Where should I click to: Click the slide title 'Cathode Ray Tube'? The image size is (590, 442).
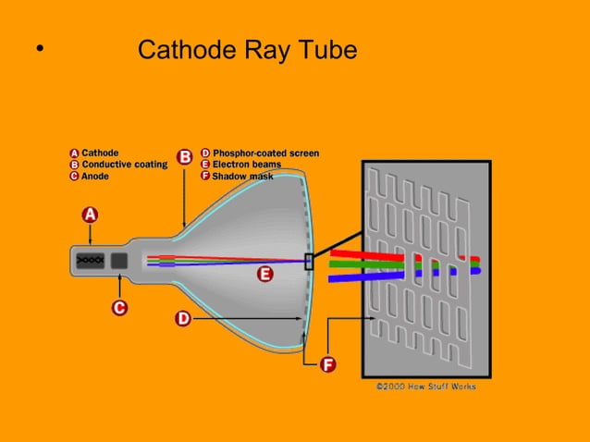click(x=246, y=50)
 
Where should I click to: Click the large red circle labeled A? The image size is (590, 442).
click(x=90, y=215)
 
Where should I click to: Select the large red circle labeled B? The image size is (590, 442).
click(x=184, y=157)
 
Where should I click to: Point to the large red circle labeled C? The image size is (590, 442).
click(x=119, y=306)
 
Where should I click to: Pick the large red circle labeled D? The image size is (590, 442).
click(x=183, y=319)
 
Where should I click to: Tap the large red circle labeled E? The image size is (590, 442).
click(x=264, y=275)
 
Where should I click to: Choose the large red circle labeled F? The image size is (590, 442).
click(x=326, y=364)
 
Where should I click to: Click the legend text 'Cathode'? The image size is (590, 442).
click(x=100, y=153)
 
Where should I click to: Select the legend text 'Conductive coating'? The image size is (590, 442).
click(x=124, y=164)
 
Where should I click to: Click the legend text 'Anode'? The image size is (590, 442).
click(x=95, y=175)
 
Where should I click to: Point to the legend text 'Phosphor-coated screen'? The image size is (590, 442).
click(x=265, y=153)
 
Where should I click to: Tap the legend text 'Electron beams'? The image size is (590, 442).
click(x=247, y=164)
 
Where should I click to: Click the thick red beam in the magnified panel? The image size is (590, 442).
click(x=370, y=254)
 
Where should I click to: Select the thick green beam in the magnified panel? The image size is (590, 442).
click(x=370, y=264)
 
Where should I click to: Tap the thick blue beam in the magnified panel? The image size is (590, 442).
click(x=370, y=274)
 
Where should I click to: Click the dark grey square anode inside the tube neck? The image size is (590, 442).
click(x=119, y=261)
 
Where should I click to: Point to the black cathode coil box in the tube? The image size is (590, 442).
click(x=90, y=261)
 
